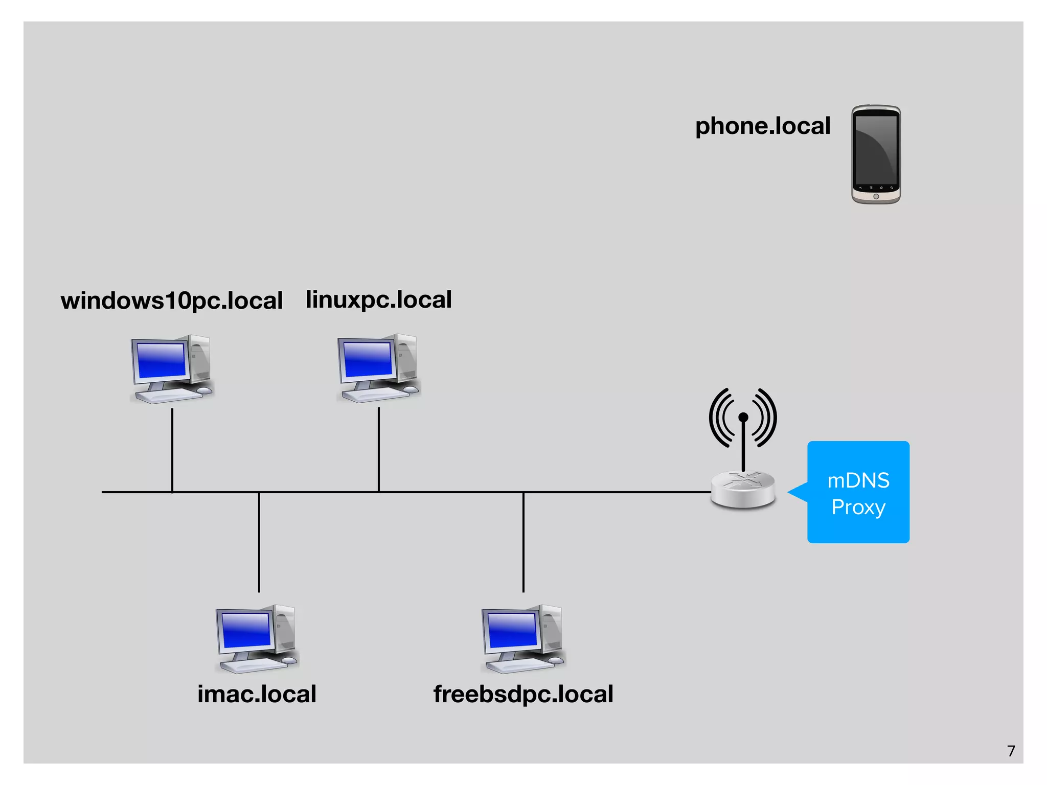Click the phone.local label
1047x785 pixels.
tap(762, 126)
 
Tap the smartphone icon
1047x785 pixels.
tap(876, 154)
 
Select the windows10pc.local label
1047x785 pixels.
tap(171, 301)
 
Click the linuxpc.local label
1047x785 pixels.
tap(378, 299)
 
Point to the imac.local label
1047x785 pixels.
tap(257, 694)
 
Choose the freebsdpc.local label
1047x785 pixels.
tap(523, 694)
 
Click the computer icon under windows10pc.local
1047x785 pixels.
tap(172, 369)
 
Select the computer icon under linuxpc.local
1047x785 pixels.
tap(378, 368)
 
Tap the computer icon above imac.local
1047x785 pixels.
tap(257, 639)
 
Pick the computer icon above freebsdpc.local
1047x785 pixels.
tap(523, 639)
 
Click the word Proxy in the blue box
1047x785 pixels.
tap(858, 507)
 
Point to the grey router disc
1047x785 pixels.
tap(743, 490)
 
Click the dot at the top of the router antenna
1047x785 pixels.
tap(743, 418)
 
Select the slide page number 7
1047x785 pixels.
tap(1011, 751)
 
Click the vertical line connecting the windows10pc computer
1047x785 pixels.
tap(172, 450)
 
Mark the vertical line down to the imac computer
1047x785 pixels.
tap(259, 542)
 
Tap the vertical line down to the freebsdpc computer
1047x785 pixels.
tap(523, 542)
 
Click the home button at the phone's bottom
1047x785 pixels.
tap(876, 197)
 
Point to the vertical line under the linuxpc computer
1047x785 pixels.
tap(379, 450)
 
